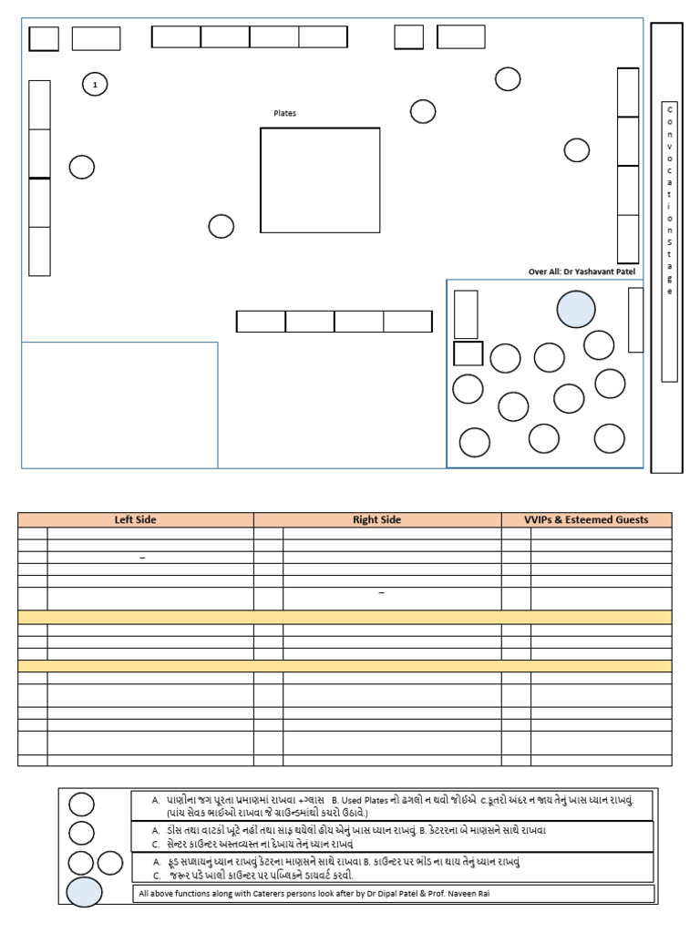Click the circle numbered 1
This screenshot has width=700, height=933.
click(x=95, y=85)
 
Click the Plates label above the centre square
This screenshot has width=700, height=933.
click(x=284, y=113)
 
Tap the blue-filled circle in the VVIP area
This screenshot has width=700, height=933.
click(x=576, y=310)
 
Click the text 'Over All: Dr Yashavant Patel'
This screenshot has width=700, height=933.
click(x=582, y=272)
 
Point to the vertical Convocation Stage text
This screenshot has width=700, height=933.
click(x=670, y=200)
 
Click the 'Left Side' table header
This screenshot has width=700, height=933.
click(x=135, y=519)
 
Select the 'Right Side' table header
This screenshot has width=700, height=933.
click(x=376, y=519)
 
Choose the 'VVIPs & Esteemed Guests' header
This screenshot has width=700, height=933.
click(x=586, y=519)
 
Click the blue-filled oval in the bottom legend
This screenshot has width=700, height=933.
click(x=84, y=892)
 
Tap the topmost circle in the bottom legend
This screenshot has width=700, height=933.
click(x=81, y=805)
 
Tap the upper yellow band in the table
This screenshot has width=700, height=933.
click(x=345, y=617)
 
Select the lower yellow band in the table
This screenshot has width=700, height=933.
click(x=345, y=666)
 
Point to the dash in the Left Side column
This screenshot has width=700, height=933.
click(x=142, y=558)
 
